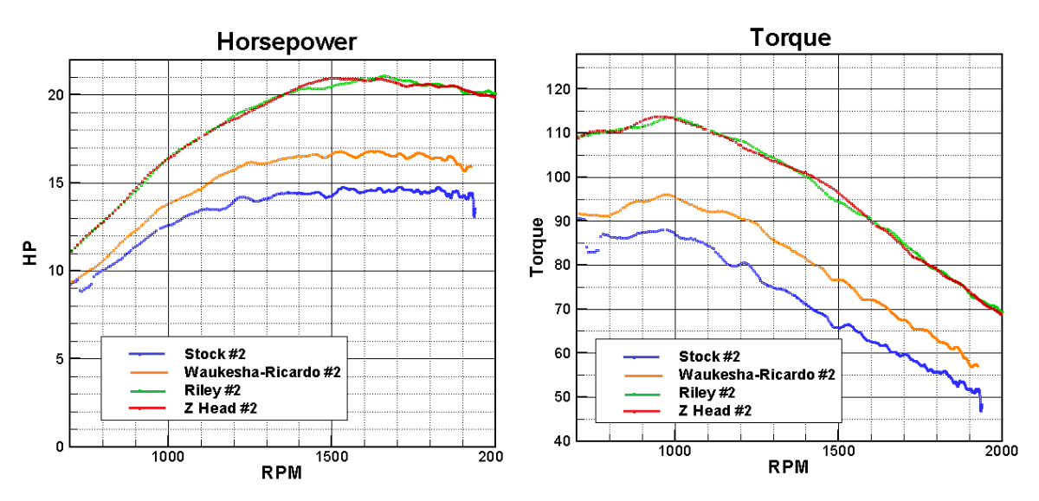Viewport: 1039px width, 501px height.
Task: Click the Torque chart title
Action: click(x=790, y=37)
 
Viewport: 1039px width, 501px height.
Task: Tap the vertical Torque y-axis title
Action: click(x=537, y=247)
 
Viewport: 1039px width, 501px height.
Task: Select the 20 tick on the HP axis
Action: click(x=54, y=94)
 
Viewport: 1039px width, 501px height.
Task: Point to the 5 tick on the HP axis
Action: click(x=57, y=358)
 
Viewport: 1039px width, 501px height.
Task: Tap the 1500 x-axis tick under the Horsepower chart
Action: click(x=331, y=458)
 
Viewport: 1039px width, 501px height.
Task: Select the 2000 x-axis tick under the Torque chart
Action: click(x=1001, y=452)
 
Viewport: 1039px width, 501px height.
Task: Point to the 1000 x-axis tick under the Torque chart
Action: click(x=674, y=452)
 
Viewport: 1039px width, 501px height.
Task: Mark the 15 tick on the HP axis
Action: click(x=54, y=183)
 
